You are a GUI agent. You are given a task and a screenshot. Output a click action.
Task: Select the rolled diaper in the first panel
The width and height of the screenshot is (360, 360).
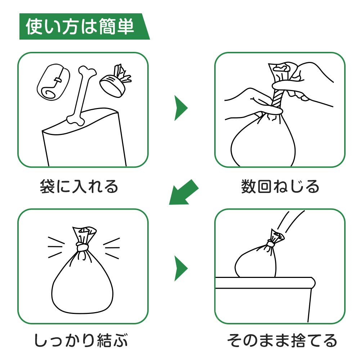point(53,82)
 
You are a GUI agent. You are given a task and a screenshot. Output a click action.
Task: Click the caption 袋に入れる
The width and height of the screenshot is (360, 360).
point(79,186)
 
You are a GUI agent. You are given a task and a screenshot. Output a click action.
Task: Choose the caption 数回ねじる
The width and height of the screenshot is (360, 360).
point(280,186)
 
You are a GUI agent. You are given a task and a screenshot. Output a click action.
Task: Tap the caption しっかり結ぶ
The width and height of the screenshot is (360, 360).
point(81,340)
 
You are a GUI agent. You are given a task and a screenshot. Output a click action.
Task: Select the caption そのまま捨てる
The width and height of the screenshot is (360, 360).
point(282,340)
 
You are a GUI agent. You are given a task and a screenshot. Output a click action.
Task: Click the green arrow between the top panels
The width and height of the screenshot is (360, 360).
point(180,108)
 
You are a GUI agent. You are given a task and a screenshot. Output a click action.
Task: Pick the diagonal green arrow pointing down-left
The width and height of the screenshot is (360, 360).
point(183,192)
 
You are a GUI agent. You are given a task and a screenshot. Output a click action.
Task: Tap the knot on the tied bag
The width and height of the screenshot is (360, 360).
point(82,247)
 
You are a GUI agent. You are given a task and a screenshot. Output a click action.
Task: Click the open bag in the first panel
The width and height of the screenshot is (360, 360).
point(84,138)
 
